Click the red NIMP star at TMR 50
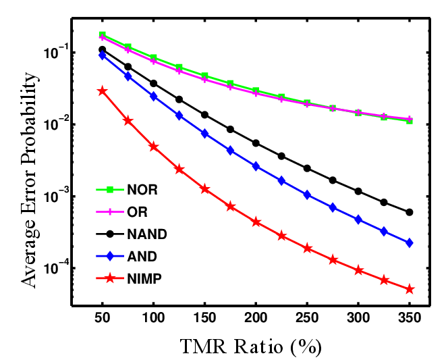[x=103, y=91]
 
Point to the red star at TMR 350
[x=410, y=289]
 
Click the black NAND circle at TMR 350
[x=410, y=212]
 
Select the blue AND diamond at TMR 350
[x=410, y=242]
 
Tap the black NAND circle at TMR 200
[x=256, y=143]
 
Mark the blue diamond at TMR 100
[x=154, y=97]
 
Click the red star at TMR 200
[x=256, y=222]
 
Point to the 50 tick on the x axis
[x=103, y=319]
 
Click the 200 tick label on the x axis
[x=256, y=319]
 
